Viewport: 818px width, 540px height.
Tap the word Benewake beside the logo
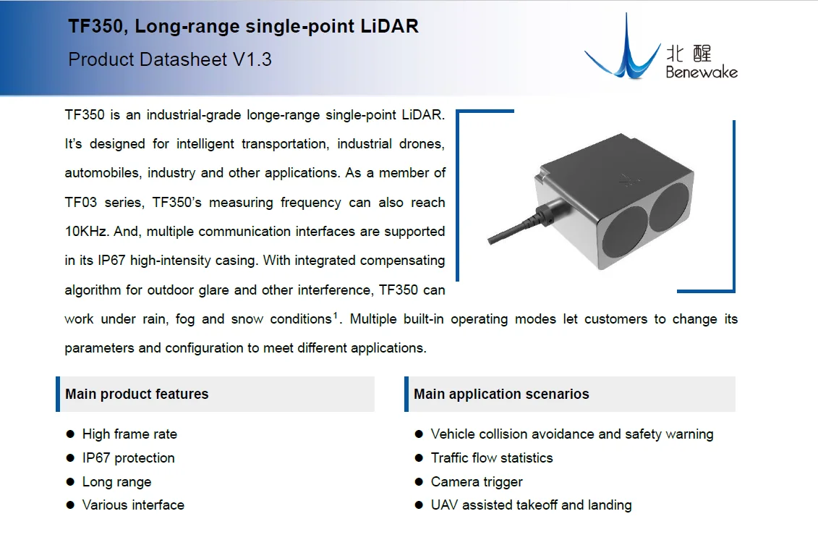702,72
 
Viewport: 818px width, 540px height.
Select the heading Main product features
137,394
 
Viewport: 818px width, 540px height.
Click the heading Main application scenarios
501,394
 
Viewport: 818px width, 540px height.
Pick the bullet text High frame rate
129,434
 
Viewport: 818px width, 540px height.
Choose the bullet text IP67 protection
128,458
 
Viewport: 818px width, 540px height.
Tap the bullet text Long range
116,481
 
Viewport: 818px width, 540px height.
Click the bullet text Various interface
133,505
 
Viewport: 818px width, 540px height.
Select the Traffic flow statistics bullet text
492,458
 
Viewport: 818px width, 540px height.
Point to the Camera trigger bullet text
477,481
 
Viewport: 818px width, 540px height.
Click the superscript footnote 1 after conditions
336,315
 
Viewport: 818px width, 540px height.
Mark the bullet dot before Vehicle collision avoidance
419,434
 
